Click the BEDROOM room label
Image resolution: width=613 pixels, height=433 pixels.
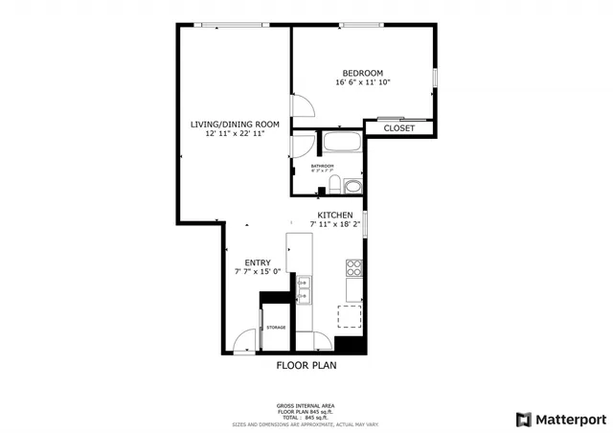(x=363, y=73)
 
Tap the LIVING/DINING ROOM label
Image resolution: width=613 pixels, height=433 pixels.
(x=235, y=124)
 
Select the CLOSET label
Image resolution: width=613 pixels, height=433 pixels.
(x=399, y=127)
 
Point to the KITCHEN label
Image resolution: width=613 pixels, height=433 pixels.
(x=335, y=215)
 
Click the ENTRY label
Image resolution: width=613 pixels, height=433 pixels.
(x=257, y=262)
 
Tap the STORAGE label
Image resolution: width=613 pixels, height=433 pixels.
(x=276, y=328)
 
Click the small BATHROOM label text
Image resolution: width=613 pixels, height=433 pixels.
(x=322, y=166)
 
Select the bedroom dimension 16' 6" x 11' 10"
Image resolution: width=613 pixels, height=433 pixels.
(x=363, y=83)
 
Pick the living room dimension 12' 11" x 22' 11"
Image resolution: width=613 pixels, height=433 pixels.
(x=235, y=134)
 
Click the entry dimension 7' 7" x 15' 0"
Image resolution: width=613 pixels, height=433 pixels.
(x=257, y=272)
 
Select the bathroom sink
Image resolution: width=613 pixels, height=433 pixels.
(x=352, y=186)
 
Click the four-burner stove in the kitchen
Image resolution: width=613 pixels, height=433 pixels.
(x=354, y=267)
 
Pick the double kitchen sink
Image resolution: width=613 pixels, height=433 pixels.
(x=305, y=288)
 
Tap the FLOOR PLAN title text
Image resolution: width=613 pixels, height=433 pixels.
(x=306, y=365)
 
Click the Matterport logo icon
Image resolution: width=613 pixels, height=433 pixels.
(x=522, y=419)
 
